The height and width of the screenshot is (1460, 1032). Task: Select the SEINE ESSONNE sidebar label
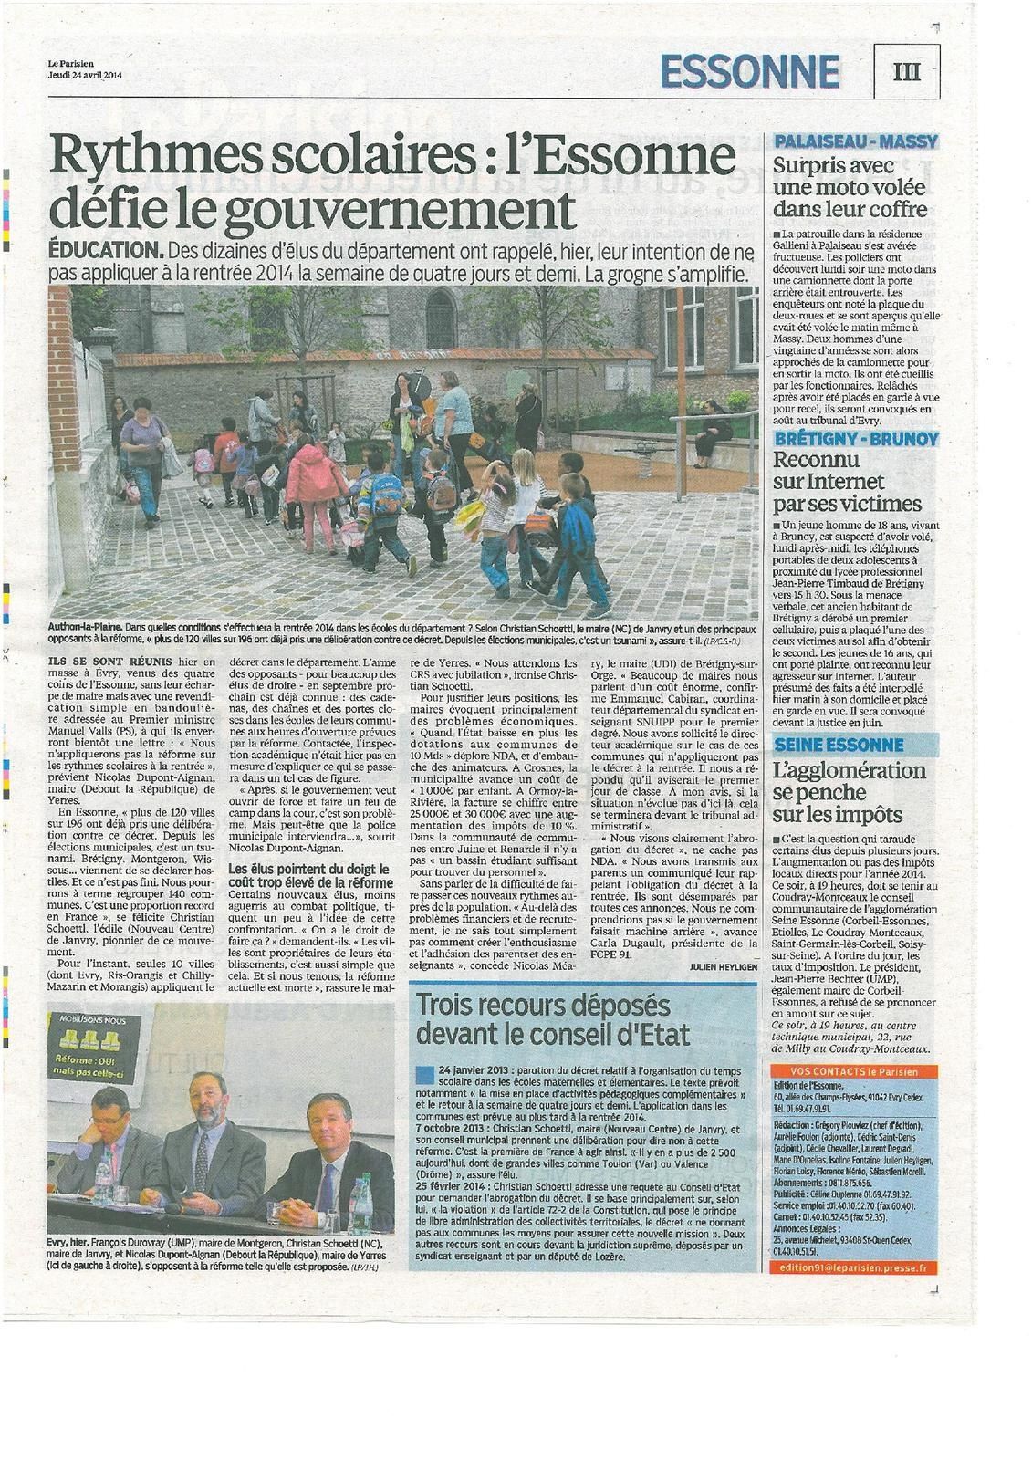pyautogui.click(x=826, y=745)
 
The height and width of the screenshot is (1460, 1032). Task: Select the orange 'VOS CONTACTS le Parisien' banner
pyautogui.click(x=844, y=1071)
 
